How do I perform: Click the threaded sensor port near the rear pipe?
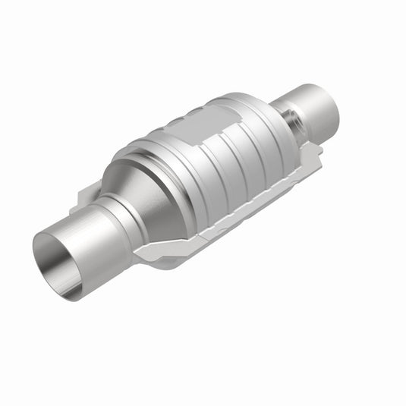tap(291, 120)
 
